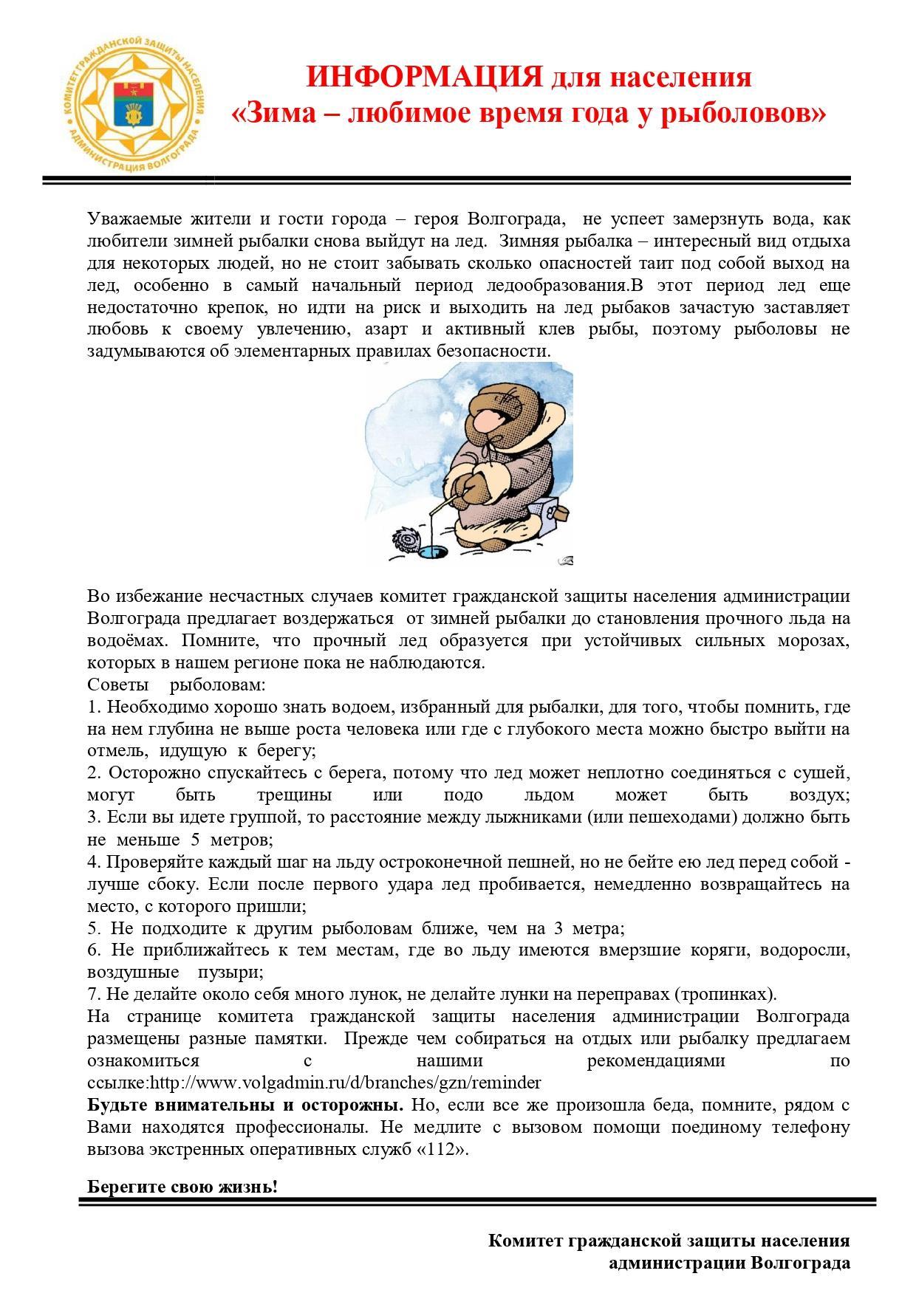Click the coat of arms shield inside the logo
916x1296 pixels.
coord(134,104)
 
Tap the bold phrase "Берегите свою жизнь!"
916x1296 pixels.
coord(182,1187)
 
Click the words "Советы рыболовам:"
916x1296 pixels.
coord(176,685)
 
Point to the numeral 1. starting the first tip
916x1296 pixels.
coord(94,707)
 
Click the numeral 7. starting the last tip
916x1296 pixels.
coord(94,994)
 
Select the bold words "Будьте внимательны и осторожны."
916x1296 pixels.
coord(245,1105)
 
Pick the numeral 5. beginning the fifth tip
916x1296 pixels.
coord(95,928)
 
